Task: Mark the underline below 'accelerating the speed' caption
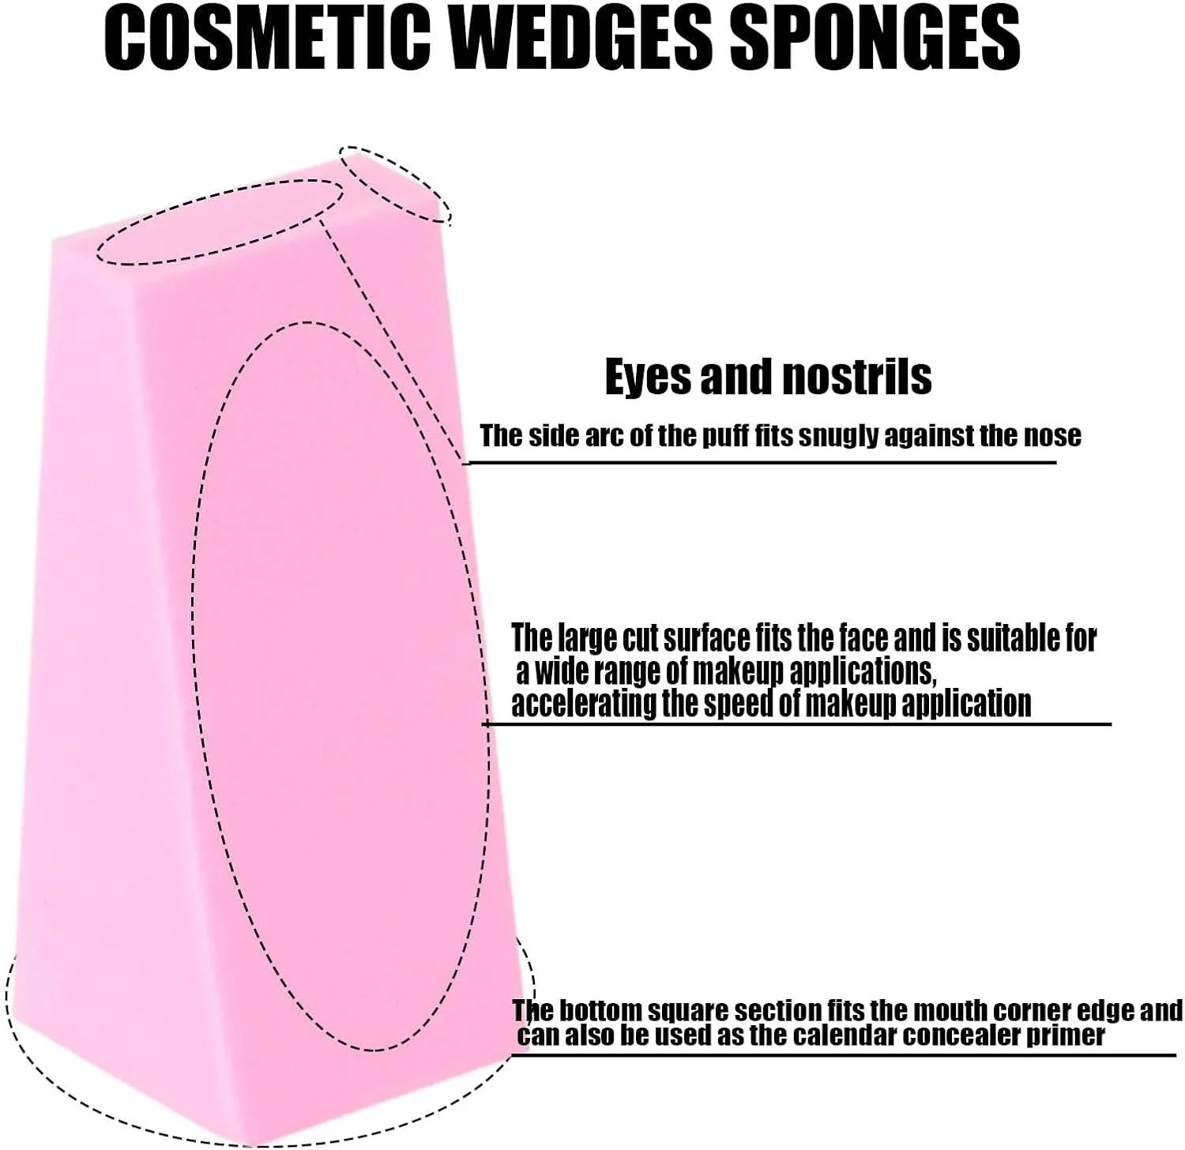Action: (x=798, y=723)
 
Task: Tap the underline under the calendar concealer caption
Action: (x=845, y=1055)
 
